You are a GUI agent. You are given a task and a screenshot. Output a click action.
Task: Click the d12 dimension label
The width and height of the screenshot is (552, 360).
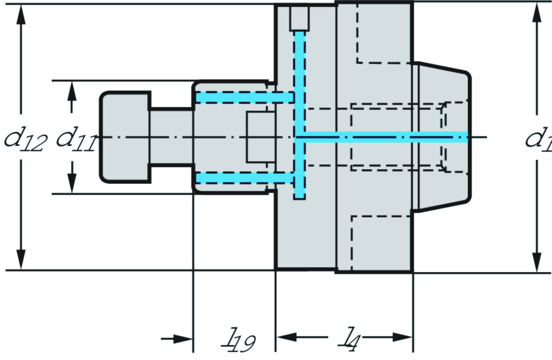pyautogui.click(x=24, y=141)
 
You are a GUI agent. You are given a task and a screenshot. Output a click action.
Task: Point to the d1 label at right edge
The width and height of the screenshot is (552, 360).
pyautogui.click(x=539, y=139)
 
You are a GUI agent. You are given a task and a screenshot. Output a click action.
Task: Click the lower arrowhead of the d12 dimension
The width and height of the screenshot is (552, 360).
pyautogui.click(x=21, y=259)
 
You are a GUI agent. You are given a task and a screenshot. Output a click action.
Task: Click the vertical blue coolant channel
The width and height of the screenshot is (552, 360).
pyautogui.click(x=300, y=113)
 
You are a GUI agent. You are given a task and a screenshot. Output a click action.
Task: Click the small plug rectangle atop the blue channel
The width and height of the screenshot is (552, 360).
pyautogui.click(x=300, y=18)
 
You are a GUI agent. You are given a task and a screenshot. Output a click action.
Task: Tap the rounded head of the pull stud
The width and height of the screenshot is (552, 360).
pyautogui.click(x=125, y=137)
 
